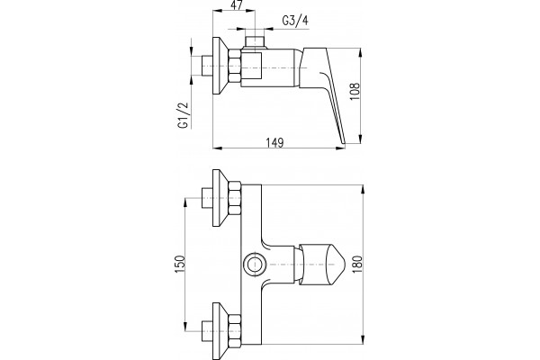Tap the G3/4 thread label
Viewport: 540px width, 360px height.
click(x=295, y=21)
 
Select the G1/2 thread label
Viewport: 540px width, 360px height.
click(x=184, y=115)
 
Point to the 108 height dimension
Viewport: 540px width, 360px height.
click(x=355, y=91)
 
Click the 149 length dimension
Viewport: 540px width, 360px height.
click(x=274, y=142)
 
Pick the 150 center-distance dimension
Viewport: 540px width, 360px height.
click(x=180, y=265)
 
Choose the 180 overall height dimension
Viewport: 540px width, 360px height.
click(x=357, y=265)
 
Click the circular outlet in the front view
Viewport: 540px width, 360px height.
click(x=255, y=265)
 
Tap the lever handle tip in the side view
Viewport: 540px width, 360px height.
click(x=342, y=140)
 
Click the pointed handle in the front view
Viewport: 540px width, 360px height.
click(x=321, y=265)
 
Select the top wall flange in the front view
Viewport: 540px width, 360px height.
click(x=220, y=198)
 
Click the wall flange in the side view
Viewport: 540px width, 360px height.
click(x=220, y=66)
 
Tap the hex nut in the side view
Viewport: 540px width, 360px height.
click(x=235, y=66)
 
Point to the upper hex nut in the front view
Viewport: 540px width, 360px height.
click(x=235, y=198)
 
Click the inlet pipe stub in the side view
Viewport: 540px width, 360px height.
click(x=207, y=66)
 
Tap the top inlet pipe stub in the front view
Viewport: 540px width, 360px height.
click(x=207, y=198)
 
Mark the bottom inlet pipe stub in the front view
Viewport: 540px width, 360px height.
click(x=207, y=331)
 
